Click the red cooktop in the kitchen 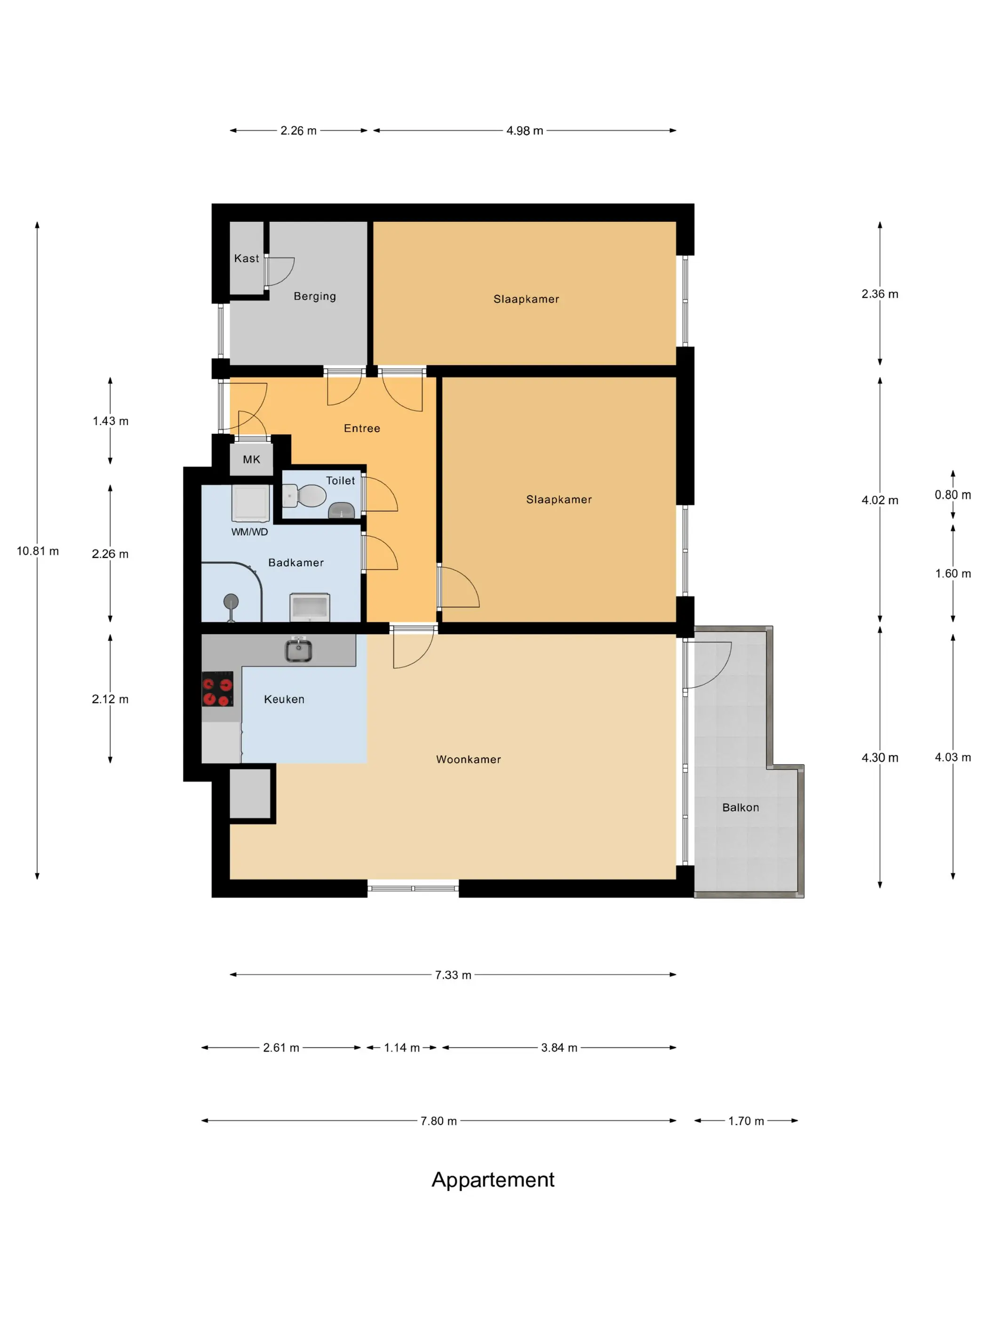tap(217, 689)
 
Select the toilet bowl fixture tap(304, 495)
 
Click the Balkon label tap(740, 807)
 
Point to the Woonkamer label tap(468, 759)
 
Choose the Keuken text tap(284, 699)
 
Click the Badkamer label tap(296, 563)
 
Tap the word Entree tap(361, 428)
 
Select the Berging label tap(314, 296)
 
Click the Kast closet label tap(246, 258)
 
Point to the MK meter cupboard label tap(251, 460)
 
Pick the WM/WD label tap(249, 532)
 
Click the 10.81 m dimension tap(38, 551)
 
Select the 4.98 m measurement tap(525, 130)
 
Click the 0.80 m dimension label tap(952, 495)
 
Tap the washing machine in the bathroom tap(250, 504)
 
